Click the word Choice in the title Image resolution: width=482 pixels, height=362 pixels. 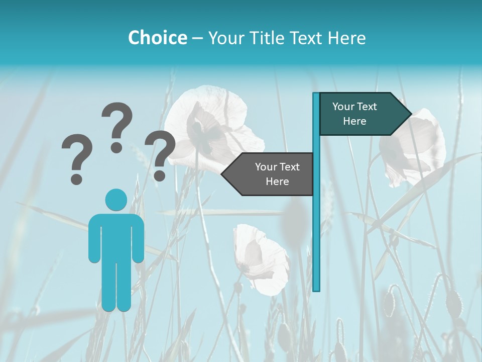[157, 38]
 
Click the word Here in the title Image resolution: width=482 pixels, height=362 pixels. [346, 38]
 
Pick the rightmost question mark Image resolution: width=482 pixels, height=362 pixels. [160, 155]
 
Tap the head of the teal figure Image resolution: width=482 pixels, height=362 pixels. [116, 200]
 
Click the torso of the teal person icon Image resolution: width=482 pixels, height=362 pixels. [116, 236]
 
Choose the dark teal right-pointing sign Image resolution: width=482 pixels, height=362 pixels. [359, 114]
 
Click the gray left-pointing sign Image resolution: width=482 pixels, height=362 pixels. [271, 174]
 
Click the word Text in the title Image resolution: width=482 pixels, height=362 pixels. [306, 38]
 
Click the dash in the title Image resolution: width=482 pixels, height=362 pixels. [197, 38]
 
